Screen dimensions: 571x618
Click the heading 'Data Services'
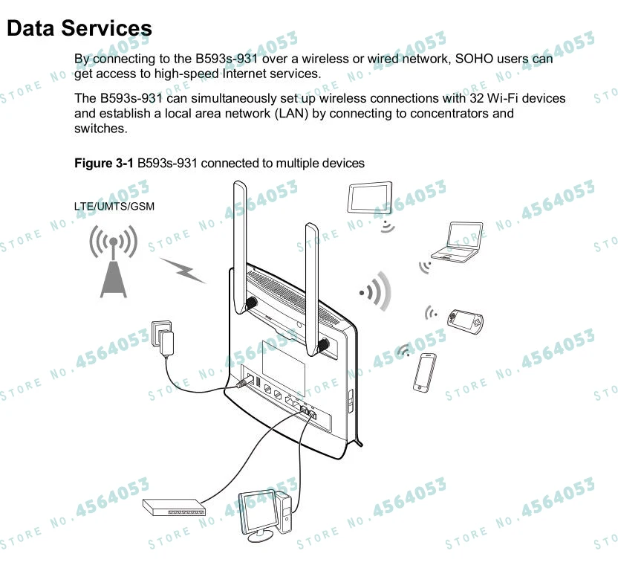[79, 28]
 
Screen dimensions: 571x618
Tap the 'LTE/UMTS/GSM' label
[114, 206]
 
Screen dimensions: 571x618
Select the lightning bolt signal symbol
[183, 271]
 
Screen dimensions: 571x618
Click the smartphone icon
[426, 371]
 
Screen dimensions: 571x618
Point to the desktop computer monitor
[257, 512]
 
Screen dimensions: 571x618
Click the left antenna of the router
[240, 245]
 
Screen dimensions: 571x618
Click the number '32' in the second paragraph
[478, 99]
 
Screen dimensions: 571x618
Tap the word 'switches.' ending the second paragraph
[100, 129]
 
